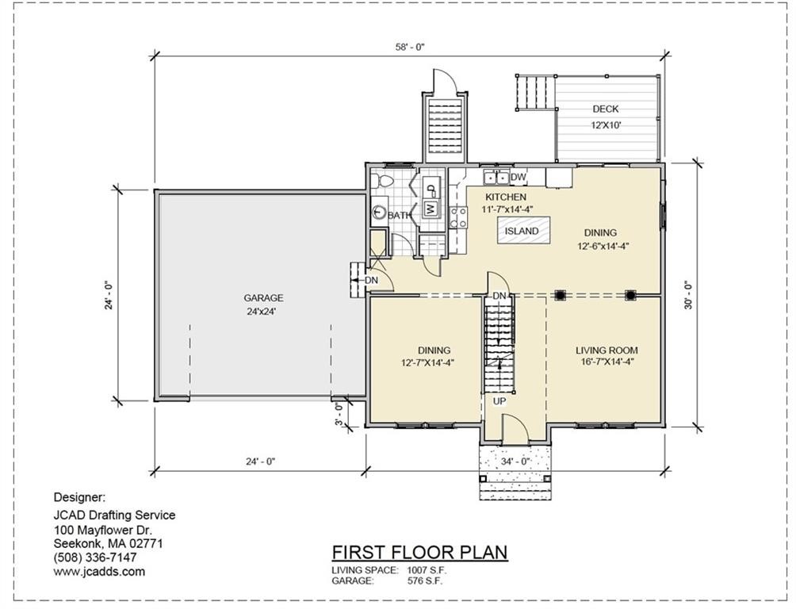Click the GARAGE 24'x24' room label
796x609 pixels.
(264, 305)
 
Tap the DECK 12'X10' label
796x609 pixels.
(606, 117)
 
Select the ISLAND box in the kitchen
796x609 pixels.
(522, 232)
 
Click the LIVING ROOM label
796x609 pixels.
(607, 356)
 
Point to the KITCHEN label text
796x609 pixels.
(506, 197)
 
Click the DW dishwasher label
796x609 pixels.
(519, 177)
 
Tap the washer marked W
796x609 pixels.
(431, 209)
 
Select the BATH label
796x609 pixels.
(399, 215)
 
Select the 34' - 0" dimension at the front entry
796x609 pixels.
(515, 461)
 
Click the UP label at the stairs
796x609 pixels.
(499, 401)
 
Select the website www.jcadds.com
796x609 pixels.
(99, 571)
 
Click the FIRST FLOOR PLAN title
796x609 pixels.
(419, 552)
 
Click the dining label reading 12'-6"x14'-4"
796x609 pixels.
(600, 239)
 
